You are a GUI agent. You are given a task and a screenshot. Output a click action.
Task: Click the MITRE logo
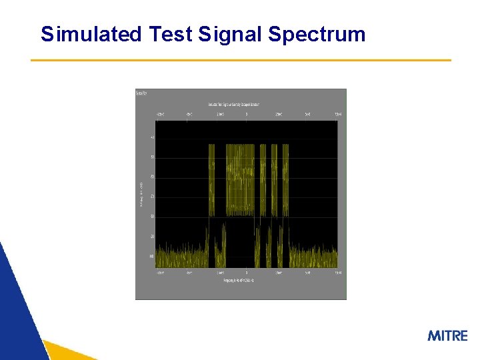coord(447,335)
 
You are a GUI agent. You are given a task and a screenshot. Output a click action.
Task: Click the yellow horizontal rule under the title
coord(241,61)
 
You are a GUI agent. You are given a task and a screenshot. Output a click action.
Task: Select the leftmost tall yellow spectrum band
coord(212,180)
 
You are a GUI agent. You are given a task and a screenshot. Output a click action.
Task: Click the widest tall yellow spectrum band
coord(241,180)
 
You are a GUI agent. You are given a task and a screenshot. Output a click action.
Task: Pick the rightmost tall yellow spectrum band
coord(285,180)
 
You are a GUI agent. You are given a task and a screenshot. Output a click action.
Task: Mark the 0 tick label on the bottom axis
coord(247,273)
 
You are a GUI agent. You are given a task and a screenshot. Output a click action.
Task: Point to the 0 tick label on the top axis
coord(247,115)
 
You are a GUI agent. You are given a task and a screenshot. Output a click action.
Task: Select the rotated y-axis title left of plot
coord(141,193)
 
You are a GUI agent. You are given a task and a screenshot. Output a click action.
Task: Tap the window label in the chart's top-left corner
coord(142,93)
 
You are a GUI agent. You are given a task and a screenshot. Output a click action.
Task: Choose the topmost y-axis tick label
coord(152,137)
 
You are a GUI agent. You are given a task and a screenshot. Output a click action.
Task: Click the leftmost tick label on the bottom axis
coord(160,273)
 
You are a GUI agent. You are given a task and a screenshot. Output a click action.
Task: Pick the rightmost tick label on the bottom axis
coord(338,273)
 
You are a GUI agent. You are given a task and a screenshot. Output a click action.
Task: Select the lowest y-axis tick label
coord(152,256)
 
